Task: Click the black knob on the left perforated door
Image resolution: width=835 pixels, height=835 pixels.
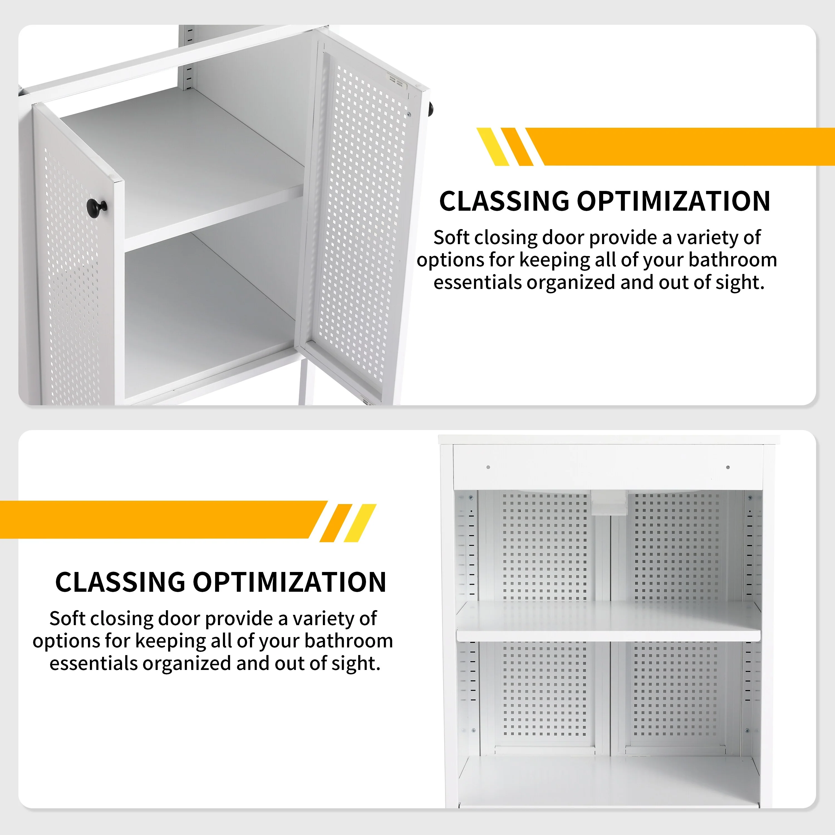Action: [x=97, y=206]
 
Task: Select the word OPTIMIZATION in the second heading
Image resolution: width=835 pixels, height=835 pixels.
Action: [x=289, y=582]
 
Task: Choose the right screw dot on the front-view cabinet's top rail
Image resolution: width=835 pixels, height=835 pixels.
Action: [x=728, y=467]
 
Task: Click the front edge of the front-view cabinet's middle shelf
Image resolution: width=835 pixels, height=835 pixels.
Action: [x=608, y=636]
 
